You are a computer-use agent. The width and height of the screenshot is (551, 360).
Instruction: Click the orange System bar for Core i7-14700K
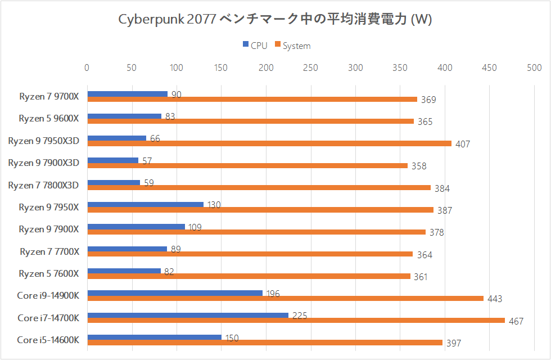[296, 321]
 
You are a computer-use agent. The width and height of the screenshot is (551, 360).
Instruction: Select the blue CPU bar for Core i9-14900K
[175, 292]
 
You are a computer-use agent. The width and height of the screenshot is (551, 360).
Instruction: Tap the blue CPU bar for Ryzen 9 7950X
[145, 204]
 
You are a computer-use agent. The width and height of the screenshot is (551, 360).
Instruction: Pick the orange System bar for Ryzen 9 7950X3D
[269, 143]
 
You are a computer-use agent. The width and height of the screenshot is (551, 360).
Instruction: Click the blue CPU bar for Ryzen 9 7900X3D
[112, 160]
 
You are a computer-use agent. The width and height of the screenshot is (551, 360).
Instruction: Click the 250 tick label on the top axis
[310, 67]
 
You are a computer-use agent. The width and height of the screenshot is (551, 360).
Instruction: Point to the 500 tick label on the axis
[534, 67]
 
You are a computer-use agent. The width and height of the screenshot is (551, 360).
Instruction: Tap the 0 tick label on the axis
[87, 67]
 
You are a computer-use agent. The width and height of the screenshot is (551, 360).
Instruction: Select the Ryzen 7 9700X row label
[49, 96]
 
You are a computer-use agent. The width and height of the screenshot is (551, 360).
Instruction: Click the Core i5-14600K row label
[48, 340]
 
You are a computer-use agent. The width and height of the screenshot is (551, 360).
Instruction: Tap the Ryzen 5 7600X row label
[49, 273]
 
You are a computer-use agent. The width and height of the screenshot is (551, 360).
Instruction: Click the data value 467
[516, 321]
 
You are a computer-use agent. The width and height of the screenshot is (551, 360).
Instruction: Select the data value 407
[463, 144]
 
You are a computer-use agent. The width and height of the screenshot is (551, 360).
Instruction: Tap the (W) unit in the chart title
[422, 19]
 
